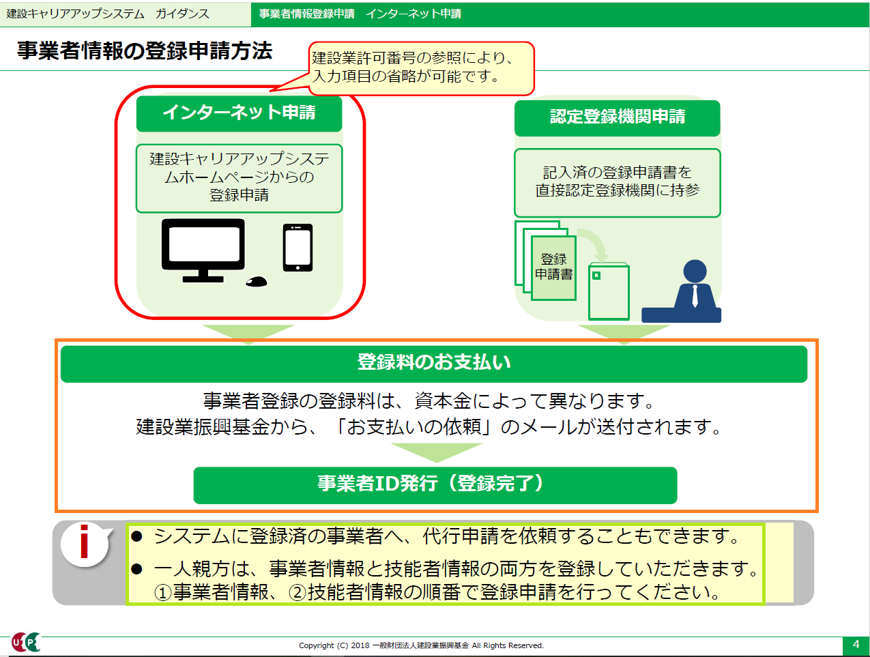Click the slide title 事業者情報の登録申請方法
point(145,50)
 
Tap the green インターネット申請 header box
point(239,114)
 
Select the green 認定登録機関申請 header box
point(617,118)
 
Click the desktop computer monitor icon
point(203,250)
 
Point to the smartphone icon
point(298,248)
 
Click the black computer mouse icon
point(257,281)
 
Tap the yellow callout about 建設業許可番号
point(421,68)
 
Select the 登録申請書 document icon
point(553,267)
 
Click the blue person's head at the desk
point(695,271)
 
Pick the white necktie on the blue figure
point(695,295)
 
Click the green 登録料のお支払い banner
point(434,364)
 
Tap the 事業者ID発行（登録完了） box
point(435,485)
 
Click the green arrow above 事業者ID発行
point(437,452)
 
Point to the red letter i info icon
point(84,541)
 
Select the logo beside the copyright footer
point(26,642)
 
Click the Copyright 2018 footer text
point(421,645)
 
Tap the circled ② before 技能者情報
point(297,593)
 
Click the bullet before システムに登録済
point(136,536)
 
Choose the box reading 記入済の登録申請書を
point(617,183)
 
